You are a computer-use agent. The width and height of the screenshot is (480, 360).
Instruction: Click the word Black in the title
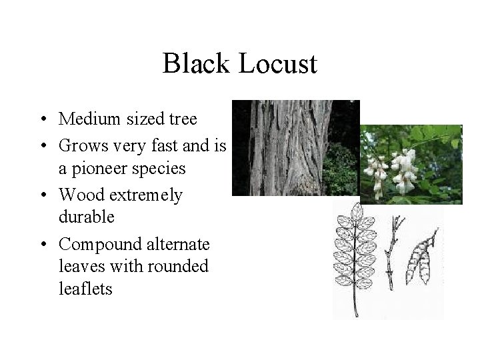click(x=195, y=64)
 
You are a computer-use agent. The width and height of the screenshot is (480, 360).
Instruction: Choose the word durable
click(x=87, y=217)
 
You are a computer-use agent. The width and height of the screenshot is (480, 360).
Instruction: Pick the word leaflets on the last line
click(x=85, y=288)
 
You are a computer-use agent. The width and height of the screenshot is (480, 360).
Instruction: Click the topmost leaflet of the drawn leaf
click(x=358, y=212)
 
